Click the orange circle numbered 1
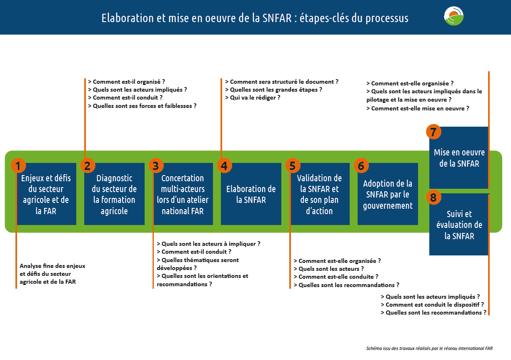[x=18, y=166]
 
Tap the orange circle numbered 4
[x=224, y=166]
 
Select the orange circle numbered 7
[x=433, y=132]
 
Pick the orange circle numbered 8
[x=433, y=197]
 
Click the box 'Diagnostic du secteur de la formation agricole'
[x=114, y=195]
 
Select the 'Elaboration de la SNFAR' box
[x=251, y=195]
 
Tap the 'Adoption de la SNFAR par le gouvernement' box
[x=388, y=195]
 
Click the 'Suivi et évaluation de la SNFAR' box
[x=459, y=225]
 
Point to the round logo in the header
[x=454, y=16]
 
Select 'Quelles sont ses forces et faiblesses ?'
[x=144, y=106]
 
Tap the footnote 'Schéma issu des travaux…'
[x=432, y=348]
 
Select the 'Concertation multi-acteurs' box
[x=183, y=195]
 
